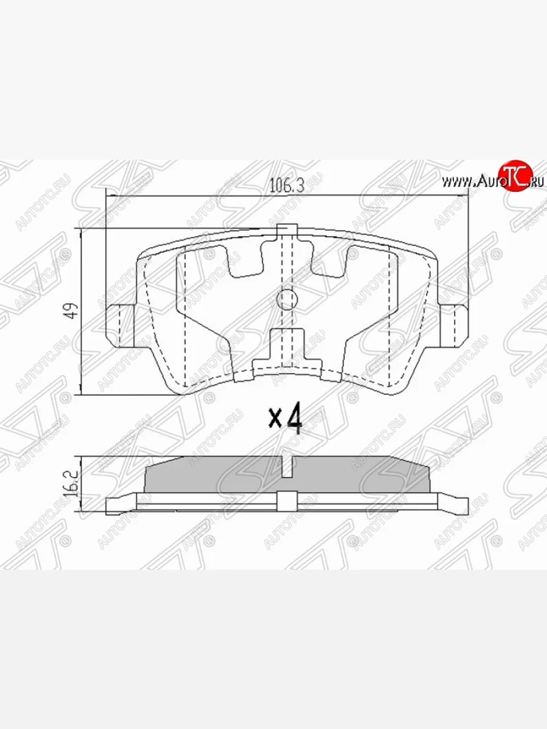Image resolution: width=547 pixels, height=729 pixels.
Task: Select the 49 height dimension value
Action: [x=72, y=311]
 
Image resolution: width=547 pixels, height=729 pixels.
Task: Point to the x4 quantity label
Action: [x=286, y=419]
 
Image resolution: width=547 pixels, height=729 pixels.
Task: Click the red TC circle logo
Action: [x=514, y=177]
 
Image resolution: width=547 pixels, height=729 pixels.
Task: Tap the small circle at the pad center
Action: [x=286, y=298]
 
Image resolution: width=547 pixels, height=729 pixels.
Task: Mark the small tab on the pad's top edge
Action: [x=286, y=230]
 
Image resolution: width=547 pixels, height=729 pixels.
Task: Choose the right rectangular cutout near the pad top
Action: [x=329, y=258]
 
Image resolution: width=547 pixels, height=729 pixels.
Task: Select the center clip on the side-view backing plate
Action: [x=286, y=501]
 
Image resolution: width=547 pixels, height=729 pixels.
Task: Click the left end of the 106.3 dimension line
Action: [x=107, y=196]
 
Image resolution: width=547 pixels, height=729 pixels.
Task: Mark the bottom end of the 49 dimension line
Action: [x=81, y=394]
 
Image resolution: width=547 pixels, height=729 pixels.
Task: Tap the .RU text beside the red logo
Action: [x=537, y=182]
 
